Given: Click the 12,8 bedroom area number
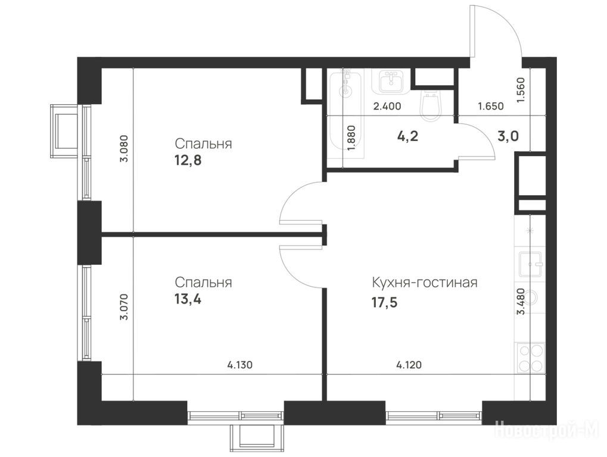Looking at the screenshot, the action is click(x=188, y=161).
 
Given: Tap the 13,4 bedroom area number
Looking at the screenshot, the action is click(x=188, y=299).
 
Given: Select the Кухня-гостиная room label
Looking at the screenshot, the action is click(x=424, y=283).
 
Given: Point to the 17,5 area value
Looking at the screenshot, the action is click(x=385, y=302).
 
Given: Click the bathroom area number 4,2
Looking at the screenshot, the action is click(x=408, y=136).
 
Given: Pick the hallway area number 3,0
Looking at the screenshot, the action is click(x=508, y=136).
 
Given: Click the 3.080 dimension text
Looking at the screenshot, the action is click(x=124, y=148).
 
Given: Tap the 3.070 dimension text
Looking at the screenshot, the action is click(x=124, y=307).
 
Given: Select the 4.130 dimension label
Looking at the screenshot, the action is click(x=240, y=365).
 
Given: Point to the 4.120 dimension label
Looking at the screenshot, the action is click(x=409, y=365).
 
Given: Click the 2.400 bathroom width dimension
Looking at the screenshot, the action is click(x=387, y=106).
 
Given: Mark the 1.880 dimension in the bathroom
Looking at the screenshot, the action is click(x=351, y=139).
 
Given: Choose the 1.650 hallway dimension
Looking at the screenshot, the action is click(x=491, y=106).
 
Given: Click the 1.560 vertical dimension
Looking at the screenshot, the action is click(x=521, y=90).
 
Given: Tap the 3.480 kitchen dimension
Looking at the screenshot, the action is click(x=521, y=302).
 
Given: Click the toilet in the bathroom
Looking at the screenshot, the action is click(x=430, y=104).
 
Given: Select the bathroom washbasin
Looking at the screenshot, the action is click(x=391, y=82).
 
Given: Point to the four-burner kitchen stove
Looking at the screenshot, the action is click(x=531, y=358).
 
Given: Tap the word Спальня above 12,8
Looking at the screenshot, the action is click(x=203, y=144).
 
